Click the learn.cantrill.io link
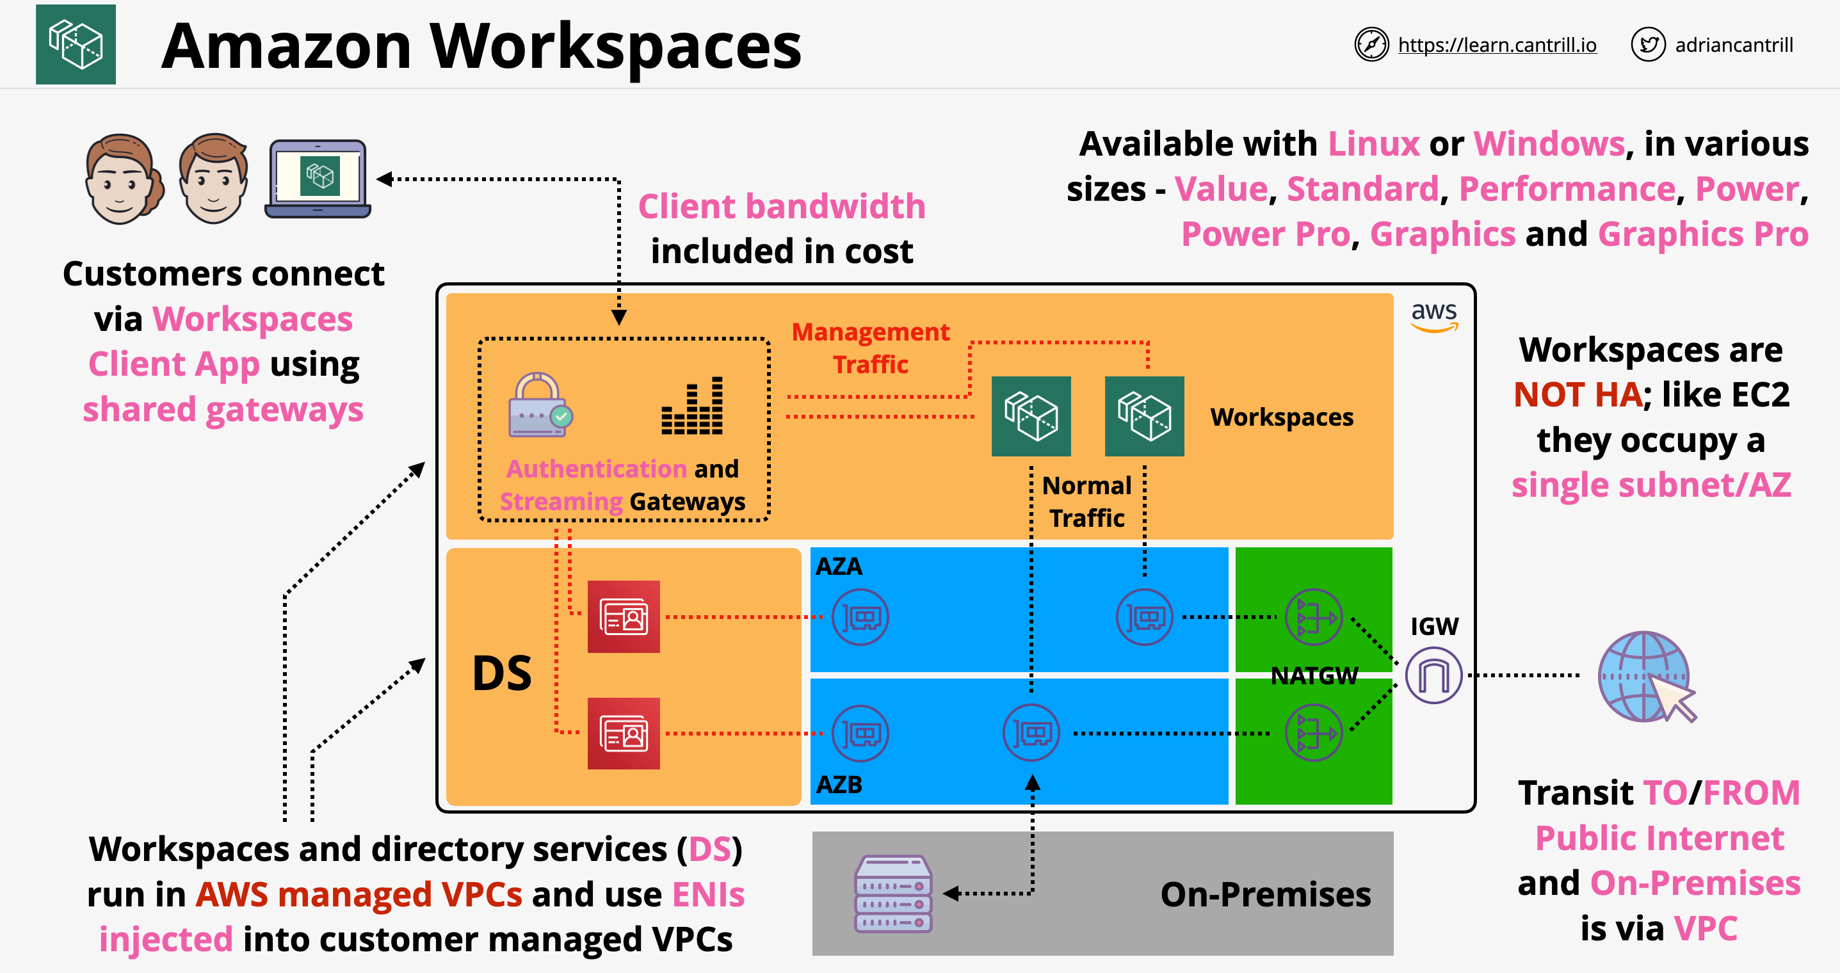coord(1496,45)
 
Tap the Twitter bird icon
coord(1648,45)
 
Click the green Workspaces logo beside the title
coord(76,44)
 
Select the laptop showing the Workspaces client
coord(318,179)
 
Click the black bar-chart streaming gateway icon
coord(691,406)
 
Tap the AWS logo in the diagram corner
coord(1433,316)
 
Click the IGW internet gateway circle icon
coord(1433,675)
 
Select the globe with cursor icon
coord(1645,677)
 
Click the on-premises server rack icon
coord(894,893)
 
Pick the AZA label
coord(839,567)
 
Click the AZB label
coord(839,784)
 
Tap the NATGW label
coord(1314,676)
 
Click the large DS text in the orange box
coord(502,673)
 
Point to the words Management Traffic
coord(871,348)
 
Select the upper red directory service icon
coord(624,616)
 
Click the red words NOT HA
coord(1577,394)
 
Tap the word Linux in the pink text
coord(1373,143)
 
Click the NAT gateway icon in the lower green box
coord(1313,733)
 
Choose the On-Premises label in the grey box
coord(1265,894)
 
